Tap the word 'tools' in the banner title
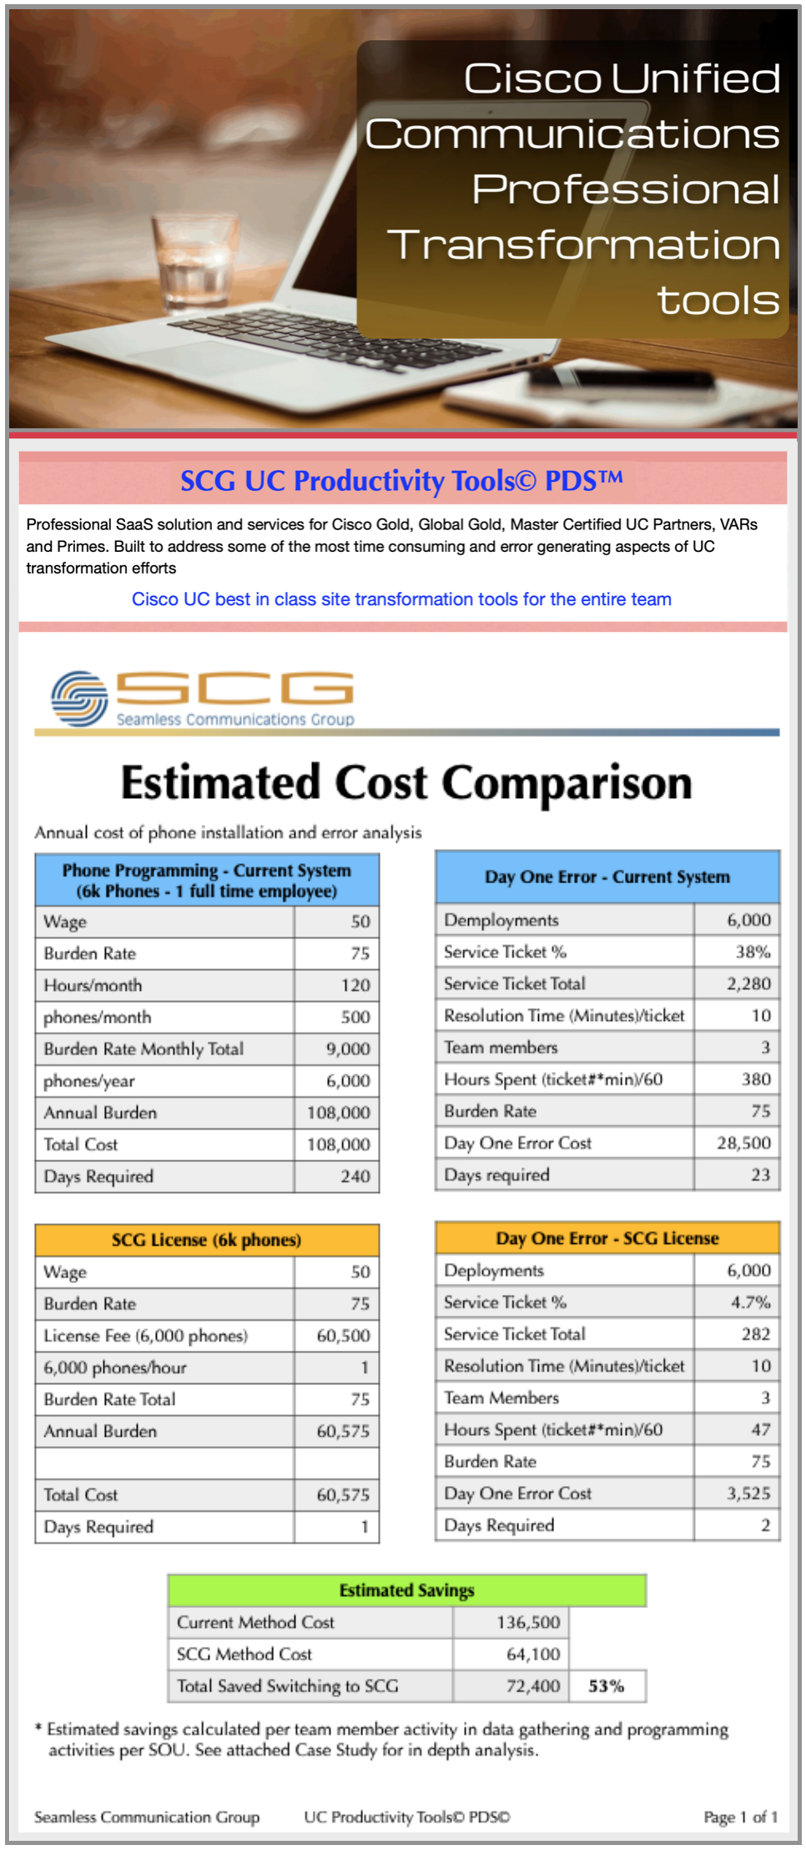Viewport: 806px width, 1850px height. (x=718, y=301)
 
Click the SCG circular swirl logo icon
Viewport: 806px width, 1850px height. (x=79, y=698)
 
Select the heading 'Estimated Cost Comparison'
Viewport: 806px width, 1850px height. (x=406, y=783)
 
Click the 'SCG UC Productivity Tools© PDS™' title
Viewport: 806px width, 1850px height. (x=401, y=481)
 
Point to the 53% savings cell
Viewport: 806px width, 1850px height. (x=607, y=1686)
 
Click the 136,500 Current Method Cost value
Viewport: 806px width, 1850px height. (x=528, y=1622)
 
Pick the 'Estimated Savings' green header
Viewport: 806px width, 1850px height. (x=406, y=1590)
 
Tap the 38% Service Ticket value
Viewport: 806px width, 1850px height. (x=753, y=952)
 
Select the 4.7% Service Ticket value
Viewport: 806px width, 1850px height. (x=751, y=1302)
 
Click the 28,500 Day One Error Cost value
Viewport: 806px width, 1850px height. (x=743, y=1143)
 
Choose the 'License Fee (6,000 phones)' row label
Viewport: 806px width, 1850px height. (x=146, y=1336)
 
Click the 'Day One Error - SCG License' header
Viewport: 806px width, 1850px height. (x=607, y=1238)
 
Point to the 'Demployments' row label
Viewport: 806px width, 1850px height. (x=501, y=920)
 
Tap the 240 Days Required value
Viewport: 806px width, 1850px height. (x=355, y=1176)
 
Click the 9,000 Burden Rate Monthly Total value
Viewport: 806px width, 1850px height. (x=348, y=1049)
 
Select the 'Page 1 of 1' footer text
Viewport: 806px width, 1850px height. (x=740, y=1817)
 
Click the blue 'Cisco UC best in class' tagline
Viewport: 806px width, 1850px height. (x=401, y=599)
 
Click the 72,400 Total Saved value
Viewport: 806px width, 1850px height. (x=533, y=1686)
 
